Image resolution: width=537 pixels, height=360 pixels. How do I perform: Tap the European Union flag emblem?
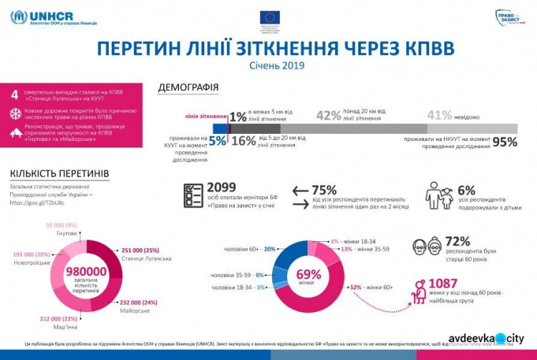pos(270,18)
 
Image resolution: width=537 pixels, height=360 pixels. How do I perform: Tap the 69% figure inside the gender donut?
pos(309,274)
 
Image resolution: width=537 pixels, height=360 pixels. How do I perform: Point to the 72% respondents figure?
pos(458,241)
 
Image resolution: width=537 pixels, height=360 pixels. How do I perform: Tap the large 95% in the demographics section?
pos(504,141)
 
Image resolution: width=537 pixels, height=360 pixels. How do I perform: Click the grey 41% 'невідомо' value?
pos(439,115)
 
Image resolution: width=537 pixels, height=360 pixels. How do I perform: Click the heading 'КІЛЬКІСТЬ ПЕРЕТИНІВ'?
pos(59,173)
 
